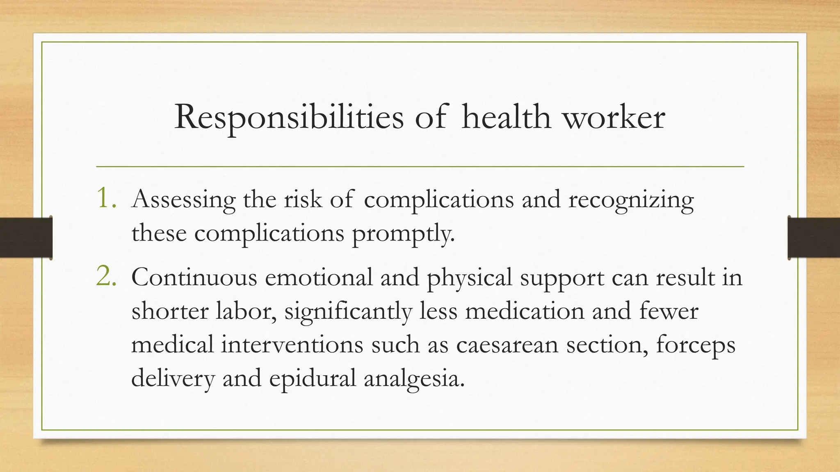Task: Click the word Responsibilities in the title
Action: (x=289, y=118)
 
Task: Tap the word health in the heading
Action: (x=506, y=118)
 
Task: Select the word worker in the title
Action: (x=613, y=118)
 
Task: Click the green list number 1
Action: (x=107, y=198)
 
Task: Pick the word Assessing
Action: (x=183, y=200)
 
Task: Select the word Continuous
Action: (x=194, y=277)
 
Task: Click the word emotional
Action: (x=319, y=277)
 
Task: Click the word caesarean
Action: (x=507, y=345)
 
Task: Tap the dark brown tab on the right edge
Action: (x=814, y=238)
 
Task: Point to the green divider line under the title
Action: (x=420, y=167)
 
